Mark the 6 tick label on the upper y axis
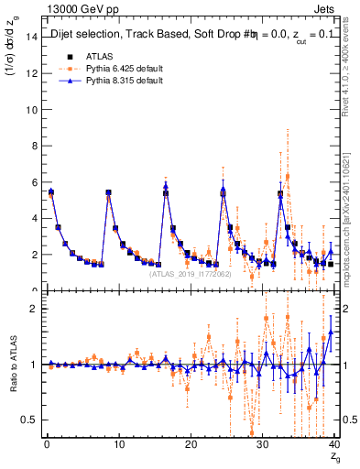click(x=34, y=182)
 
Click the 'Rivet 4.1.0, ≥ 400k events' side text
click(x=352, y=82)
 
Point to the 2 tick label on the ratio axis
click(x=34, y=309)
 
